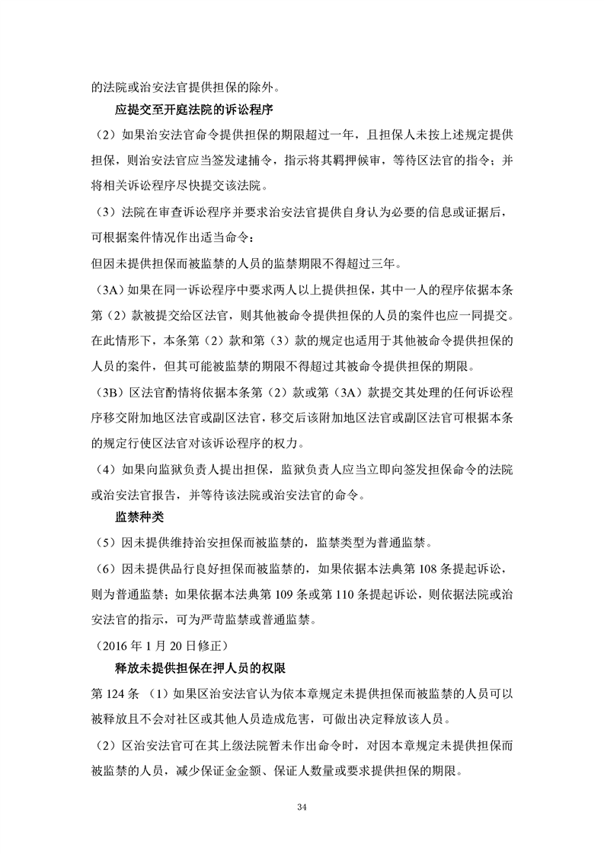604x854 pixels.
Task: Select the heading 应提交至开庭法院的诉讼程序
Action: [200, 111]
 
